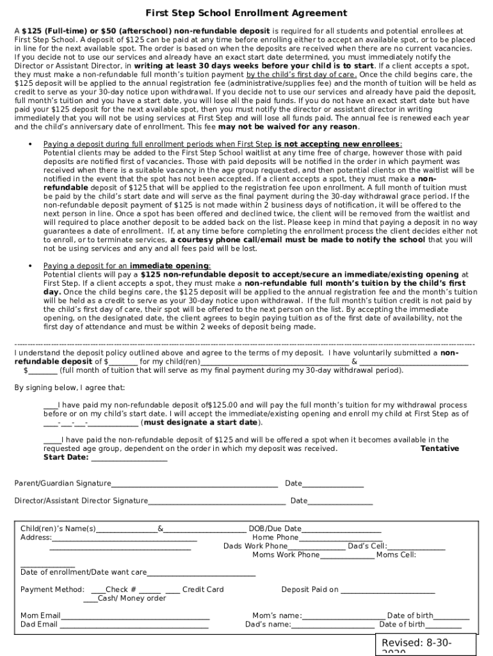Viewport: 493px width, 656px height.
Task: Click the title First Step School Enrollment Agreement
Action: pyautogui.click(x=247, y=13)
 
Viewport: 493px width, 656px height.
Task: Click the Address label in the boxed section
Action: pyautogui.click(x=35, y=537)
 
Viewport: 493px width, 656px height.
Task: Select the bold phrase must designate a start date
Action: pyautogui.click(x=200, y=423)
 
